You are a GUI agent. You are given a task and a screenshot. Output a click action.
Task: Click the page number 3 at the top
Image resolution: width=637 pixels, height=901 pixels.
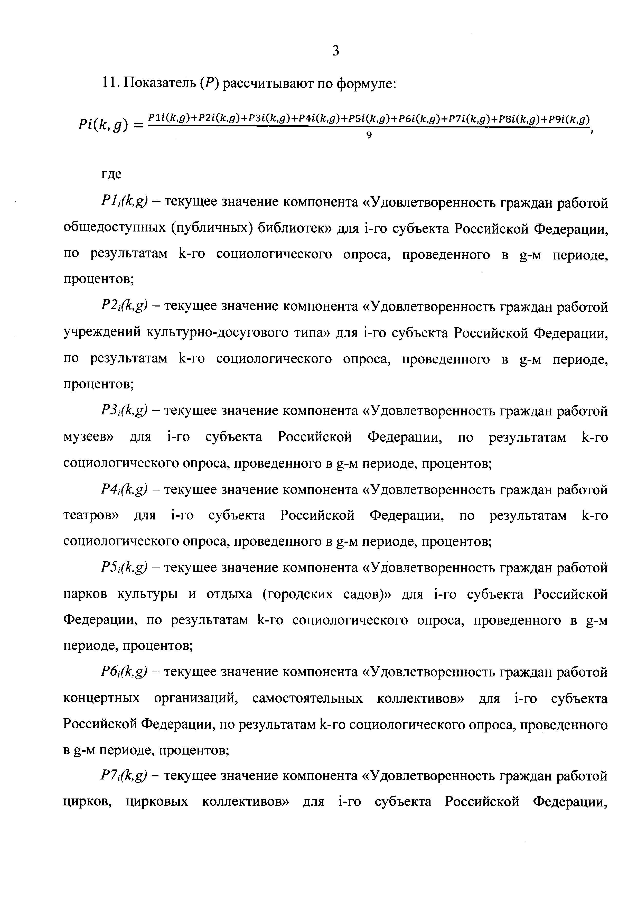click(335, 50)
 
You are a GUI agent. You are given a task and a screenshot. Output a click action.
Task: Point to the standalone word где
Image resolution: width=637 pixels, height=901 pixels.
click(112, 174)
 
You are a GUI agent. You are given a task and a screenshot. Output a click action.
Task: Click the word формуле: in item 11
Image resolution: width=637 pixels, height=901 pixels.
click(367, 83)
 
